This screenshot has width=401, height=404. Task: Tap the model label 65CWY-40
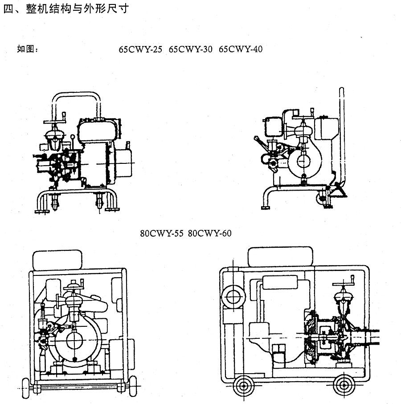(241, 49)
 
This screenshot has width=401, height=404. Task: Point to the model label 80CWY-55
(161, 233)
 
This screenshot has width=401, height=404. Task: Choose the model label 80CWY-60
(209, 233)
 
